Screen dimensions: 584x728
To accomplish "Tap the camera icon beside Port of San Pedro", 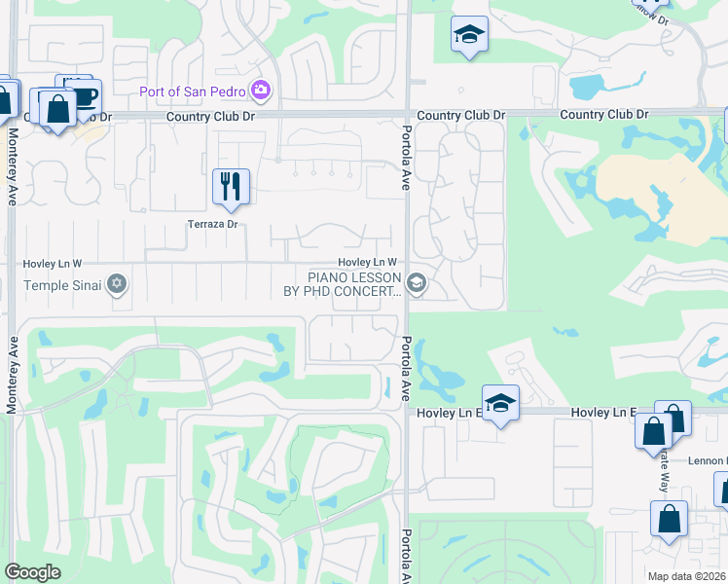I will coord(260,91).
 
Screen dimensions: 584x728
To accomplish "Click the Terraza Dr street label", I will coord(213,225).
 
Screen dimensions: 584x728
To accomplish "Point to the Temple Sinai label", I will coord(64,285).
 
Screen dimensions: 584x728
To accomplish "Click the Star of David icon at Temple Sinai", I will coord(117,284).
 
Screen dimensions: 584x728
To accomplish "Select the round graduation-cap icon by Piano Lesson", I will coord(416,283).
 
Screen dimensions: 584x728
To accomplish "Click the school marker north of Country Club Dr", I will coord(470,35).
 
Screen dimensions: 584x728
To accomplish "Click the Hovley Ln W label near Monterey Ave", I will coord(53,264).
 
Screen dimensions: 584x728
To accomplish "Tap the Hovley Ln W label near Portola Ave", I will coord(367,262).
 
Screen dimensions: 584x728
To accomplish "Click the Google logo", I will coord(32,572).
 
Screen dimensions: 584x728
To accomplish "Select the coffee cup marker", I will coord(85,96).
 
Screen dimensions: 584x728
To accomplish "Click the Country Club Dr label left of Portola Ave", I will coord(210,116).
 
